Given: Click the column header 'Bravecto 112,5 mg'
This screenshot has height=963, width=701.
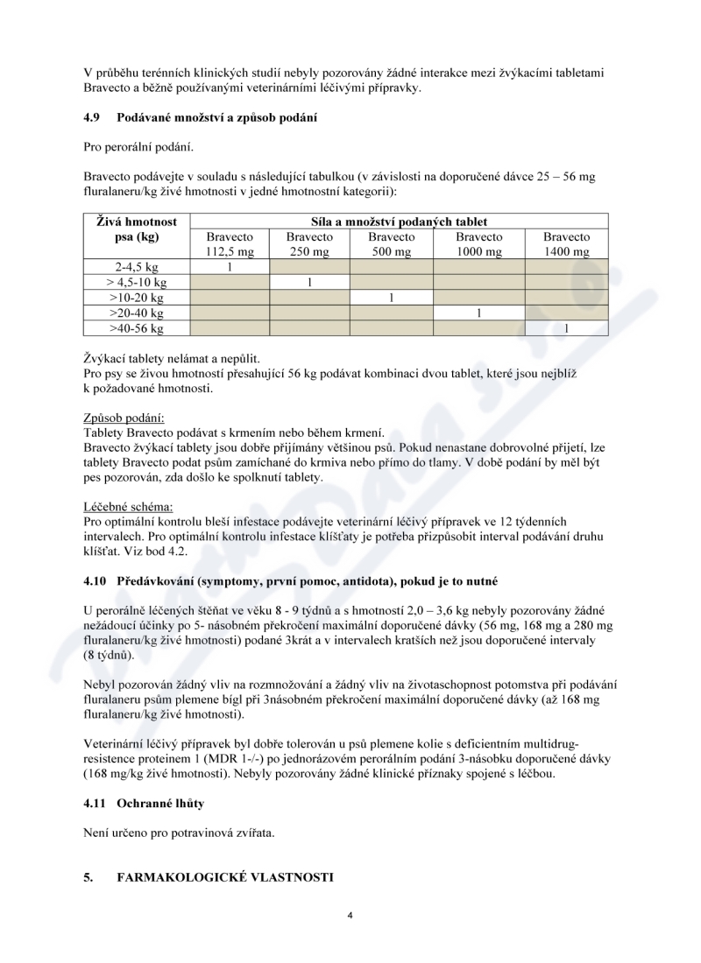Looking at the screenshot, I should point(230,244).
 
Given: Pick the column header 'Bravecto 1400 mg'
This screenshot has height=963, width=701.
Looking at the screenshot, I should point(566,244).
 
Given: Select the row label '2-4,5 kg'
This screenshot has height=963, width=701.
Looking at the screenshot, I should point(136,267).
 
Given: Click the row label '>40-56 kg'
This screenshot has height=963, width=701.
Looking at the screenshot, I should point(136,328).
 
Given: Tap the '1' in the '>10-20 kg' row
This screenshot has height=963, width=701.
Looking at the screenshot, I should point(392,298).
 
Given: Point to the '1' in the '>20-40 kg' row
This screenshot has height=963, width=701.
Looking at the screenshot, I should point(478,313).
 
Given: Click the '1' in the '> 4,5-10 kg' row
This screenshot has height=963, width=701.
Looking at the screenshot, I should point(309,282).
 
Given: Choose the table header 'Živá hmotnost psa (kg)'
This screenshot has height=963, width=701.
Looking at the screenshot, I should point(136,229).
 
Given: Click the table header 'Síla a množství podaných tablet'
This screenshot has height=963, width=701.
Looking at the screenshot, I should point(399,221).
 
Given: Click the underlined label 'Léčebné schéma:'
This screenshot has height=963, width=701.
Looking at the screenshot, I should point(129,506).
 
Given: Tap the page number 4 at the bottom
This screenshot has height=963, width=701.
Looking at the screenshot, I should point(350,916).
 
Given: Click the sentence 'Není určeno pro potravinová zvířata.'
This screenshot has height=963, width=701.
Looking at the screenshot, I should point(179,832).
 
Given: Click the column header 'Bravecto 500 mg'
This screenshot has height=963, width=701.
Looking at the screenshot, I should point(392,244).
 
